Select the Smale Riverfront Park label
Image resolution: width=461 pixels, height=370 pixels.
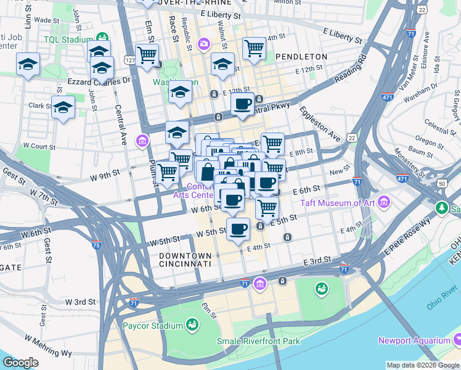pyautogui.click(x=258, y=341)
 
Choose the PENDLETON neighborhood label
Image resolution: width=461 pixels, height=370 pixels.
pyautogui.click(x=301, y=57)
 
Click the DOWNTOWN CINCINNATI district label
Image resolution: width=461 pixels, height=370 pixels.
pyautogui.click(x=185, y=260)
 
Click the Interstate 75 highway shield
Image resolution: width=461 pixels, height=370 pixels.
pyautogui.click(x=96, y=245)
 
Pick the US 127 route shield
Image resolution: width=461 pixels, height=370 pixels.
pyautogui.click(x=129, y=60)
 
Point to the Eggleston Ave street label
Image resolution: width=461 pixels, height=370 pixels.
pyautogui.click(x=320, y=123)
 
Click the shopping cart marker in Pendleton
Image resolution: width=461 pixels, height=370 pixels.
pyautogui.click(x=254, y=48)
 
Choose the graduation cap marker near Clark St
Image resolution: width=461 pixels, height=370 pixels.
pyautogui.click(x=63, y=107)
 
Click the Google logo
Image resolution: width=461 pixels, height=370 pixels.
pyautogui.click(x=20, y=363)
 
